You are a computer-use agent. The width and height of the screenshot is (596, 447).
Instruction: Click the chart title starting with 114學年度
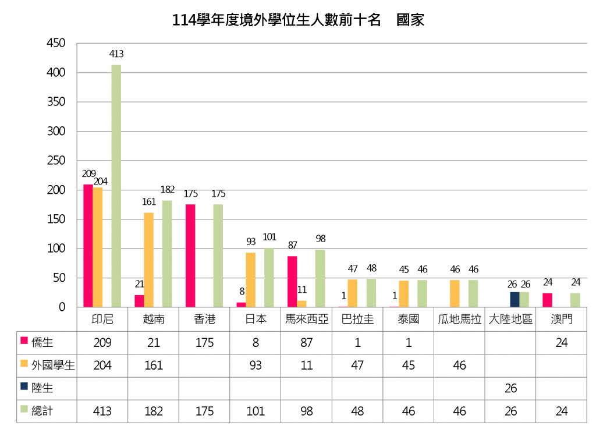click(x=298, y=20)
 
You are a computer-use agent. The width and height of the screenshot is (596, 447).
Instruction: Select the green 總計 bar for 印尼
click(x=116, y=186)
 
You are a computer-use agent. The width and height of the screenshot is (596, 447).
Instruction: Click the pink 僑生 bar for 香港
click(x=190, y=256)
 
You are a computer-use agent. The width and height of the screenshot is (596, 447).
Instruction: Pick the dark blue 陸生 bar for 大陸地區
click(x=515, y=300)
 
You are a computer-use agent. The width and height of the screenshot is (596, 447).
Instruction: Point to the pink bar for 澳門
click(x=547, y=300)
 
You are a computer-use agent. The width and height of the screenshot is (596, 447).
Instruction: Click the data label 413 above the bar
click(x=116, y=54)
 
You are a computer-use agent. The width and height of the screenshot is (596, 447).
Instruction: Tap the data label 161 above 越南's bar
click(x=149, y=202)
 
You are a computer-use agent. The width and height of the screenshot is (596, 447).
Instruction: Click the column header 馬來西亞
click(x=307, y=320)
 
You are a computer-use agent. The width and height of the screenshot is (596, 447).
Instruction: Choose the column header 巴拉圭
click(x=357, y=320)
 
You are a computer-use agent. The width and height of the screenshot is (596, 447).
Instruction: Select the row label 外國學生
click(x=53, y=366)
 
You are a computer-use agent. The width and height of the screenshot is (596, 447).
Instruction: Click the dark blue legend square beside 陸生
click(x=24, y=386)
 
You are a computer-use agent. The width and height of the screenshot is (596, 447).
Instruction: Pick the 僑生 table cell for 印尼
click(x=102, y=343)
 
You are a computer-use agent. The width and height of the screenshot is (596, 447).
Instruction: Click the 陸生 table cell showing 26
click(x=510, y=388)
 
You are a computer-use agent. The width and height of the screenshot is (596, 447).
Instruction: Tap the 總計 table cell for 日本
click(x=256, y=411)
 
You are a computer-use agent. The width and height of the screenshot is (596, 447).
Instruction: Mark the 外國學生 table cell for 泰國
click(x=409, y=366)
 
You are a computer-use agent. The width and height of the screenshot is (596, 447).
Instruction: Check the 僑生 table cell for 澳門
click(x=561, y=343)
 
